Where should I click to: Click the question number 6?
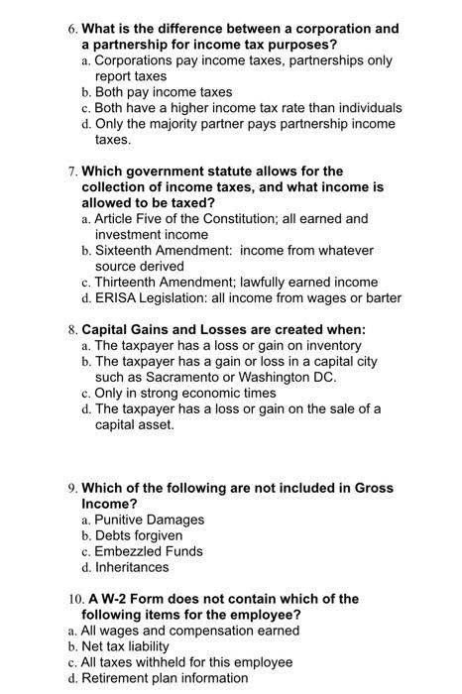pos(70,29)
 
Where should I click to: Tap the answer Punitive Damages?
pos(149,520)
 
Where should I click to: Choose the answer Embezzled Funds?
pos(148,551)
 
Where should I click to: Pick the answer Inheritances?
pos(132,567)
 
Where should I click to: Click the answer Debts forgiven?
pos(138,535)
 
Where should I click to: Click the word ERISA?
pos(115,297)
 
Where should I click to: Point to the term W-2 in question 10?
pos(116,599)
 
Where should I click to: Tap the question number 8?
pos(70,330)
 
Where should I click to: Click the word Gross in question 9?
pos(372,488)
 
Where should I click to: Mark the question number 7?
pos(70,172)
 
